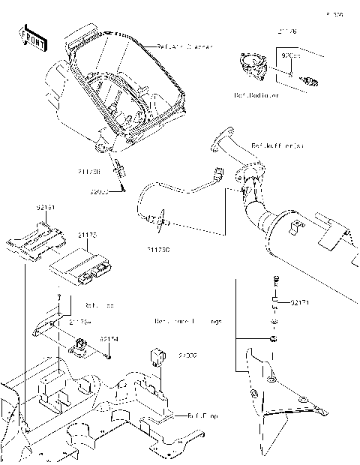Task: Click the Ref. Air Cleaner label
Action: click(184, 46)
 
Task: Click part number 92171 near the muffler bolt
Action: click(300, 302)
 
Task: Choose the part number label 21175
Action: click(88, 235)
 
